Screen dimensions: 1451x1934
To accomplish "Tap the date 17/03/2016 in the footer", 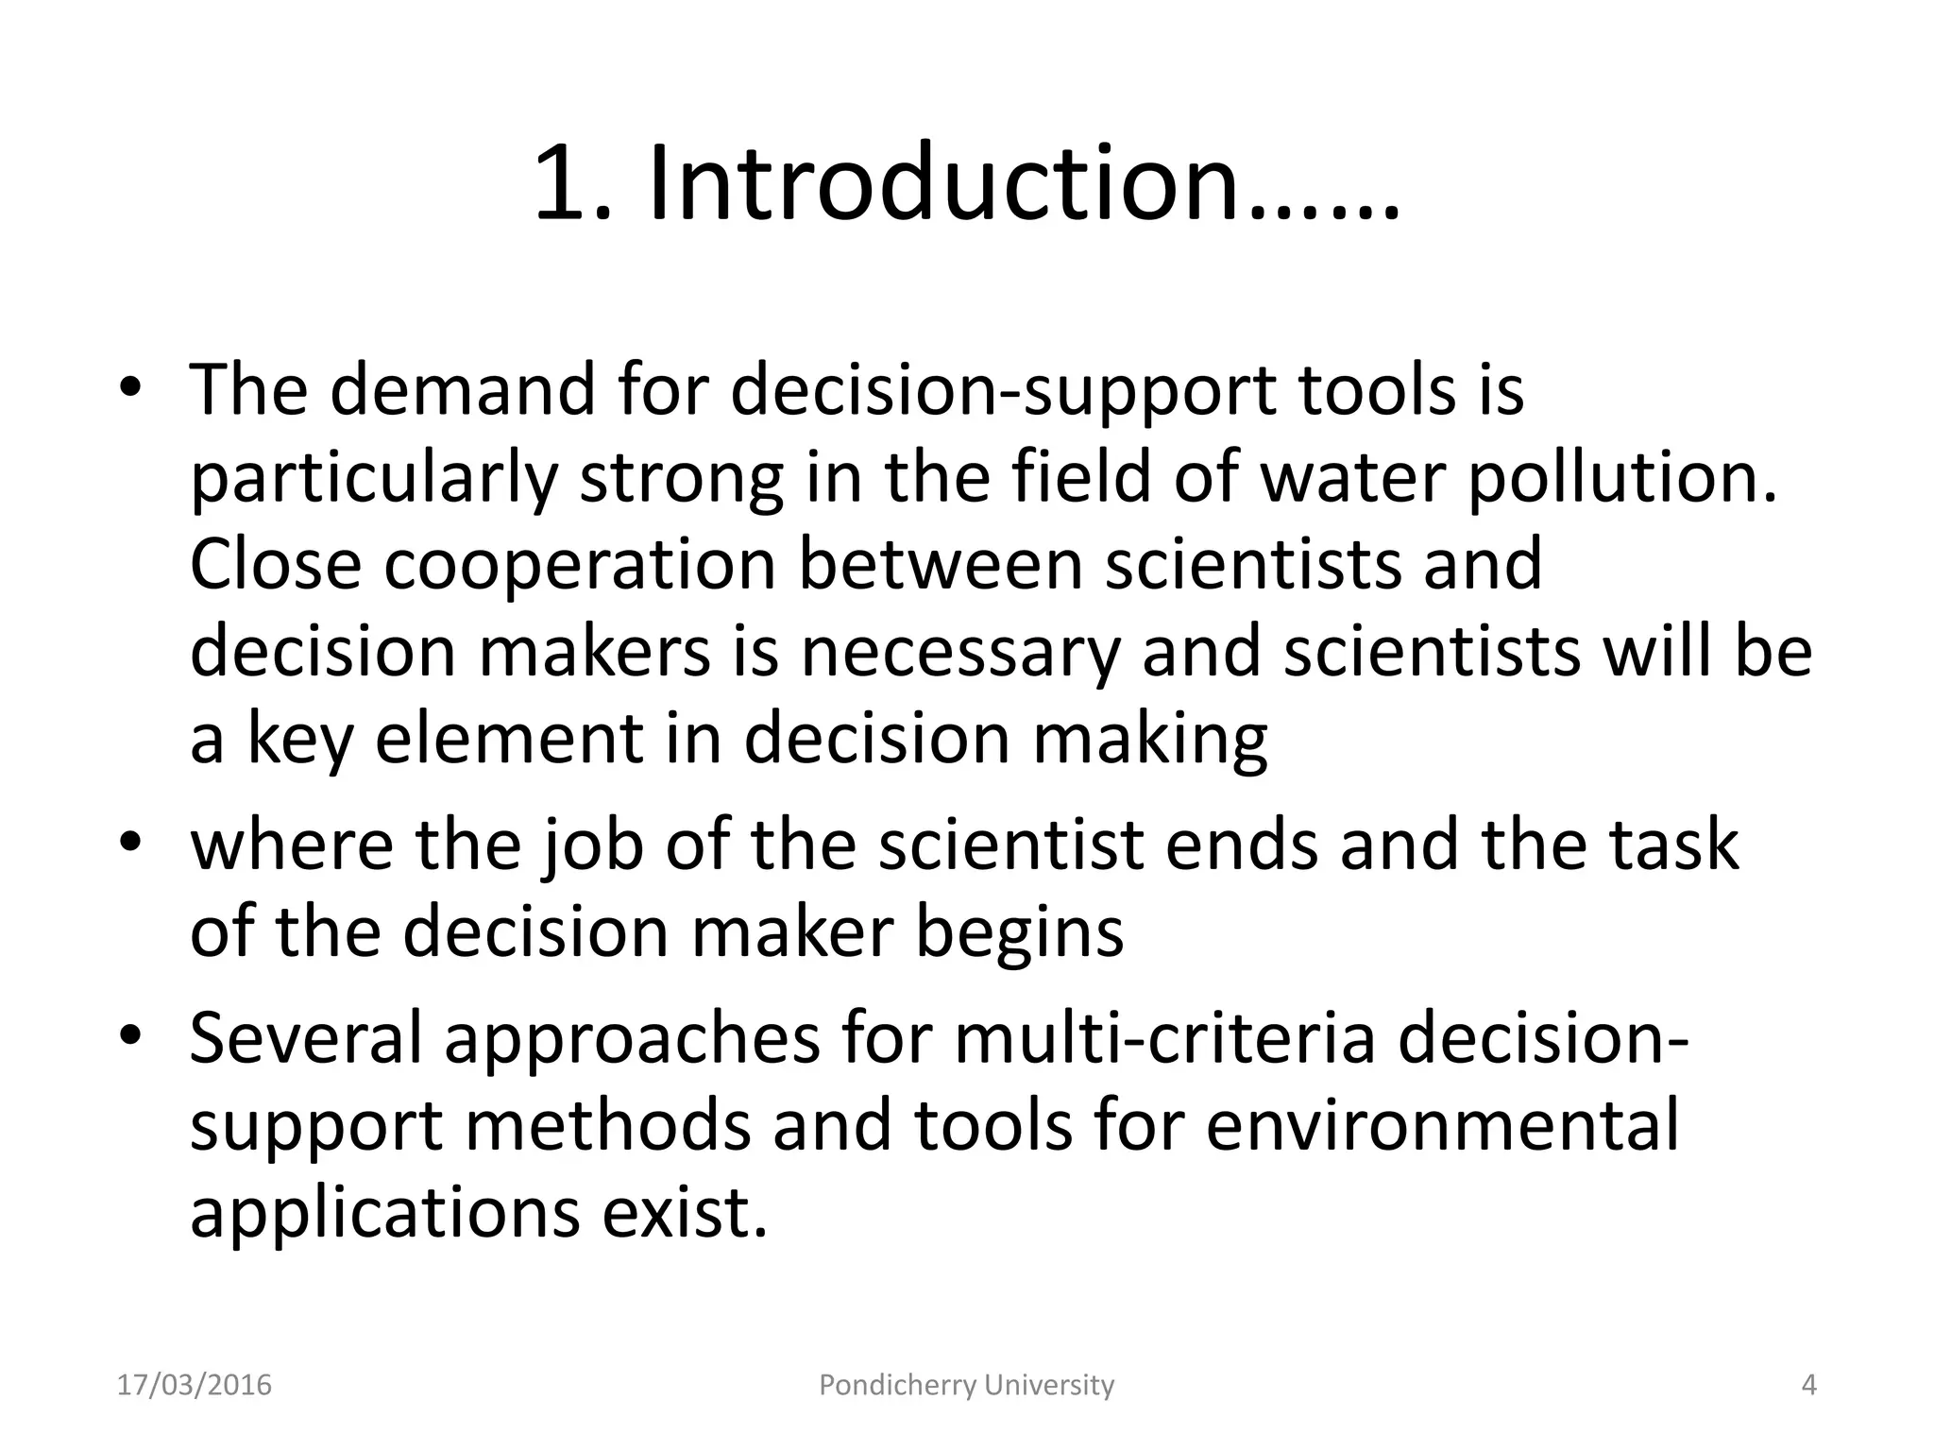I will [x=195, y=1385].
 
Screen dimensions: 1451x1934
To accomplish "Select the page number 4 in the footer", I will [x=1809, y=1385].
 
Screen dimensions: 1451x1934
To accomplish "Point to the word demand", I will [x=463, y=389].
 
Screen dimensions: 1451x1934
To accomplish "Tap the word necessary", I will [x=959, y=652].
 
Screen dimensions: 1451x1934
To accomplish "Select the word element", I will [x=509, y=739].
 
